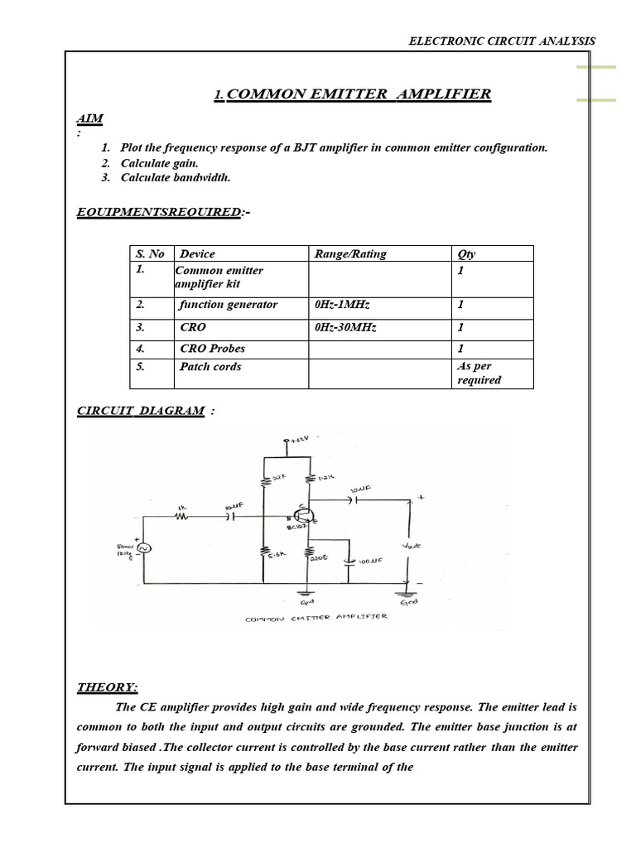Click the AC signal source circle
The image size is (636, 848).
point(142,548)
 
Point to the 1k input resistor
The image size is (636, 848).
point(181,516)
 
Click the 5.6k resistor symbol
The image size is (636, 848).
point(264,552)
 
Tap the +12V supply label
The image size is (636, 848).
point(296,438)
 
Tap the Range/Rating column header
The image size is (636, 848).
point(350,254)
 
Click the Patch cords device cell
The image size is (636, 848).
point(210,367)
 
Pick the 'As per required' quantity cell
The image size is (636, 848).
point(479,373)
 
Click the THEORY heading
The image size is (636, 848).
point(108,687)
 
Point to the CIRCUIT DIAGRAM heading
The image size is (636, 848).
point(141,411)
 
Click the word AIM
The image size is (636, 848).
point(89,118)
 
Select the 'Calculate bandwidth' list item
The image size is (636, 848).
point(176,178)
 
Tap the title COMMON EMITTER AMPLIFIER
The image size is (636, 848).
point(359,94)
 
